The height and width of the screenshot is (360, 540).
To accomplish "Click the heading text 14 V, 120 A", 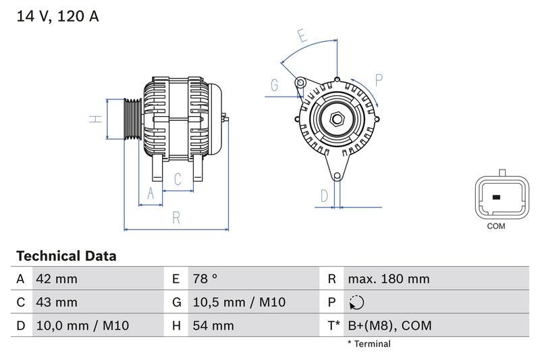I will [x=57, y=16].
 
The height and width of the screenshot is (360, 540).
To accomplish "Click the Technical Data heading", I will [x=65, y=257].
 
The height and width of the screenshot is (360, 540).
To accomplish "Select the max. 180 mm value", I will [x=388, y=279].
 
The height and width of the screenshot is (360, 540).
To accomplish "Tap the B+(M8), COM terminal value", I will [x=389, y=326].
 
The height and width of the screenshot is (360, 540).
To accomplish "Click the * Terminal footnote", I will [x=369, y=344].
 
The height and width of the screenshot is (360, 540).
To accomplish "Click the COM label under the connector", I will [x=496, y=226].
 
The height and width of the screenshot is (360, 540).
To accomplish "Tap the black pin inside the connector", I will [x=496, y=198].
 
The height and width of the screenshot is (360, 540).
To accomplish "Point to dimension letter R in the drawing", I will [x=175, y=218].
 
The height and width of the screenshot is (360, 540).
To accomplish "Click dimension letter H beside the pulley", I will [x=96, y=119].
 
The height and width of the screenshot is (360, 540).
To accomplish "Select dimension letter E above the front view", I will [x=302, y=36].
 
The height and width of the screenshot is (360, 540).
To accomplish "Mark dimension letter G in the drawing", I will [x=275, y=86].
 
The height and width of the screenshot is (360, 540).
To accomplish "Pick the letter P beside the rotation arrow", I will [x=379, y=80].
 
